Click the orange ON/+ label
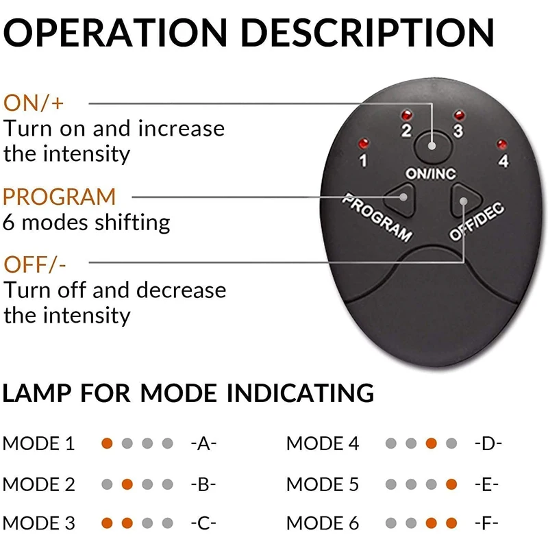(35, 103)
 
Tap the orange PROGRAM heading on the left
(60, 197)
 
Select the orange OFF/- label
(35, 264)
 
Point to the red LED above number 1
(362, 144)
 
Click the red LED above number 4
(502, 144)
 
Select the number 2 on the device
(406, 130)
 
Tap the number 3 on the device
(458, 130)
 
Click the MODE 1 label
(39, 444)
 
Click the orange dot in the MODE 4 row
(431, 444)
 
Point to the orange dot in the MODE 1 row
(107, 444)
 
